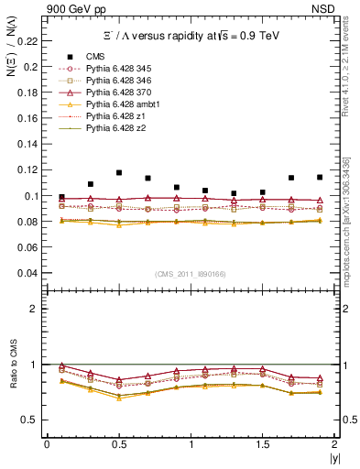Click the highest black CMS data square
pyautogui.click(x=119, y=173)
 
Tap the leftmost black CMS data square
pyautogui.click(x=61, y=197)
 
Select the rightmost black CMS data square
pyautogui.click(x=320, y=177)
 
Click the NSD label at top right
pyautogui.click(x=324, y=8)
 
